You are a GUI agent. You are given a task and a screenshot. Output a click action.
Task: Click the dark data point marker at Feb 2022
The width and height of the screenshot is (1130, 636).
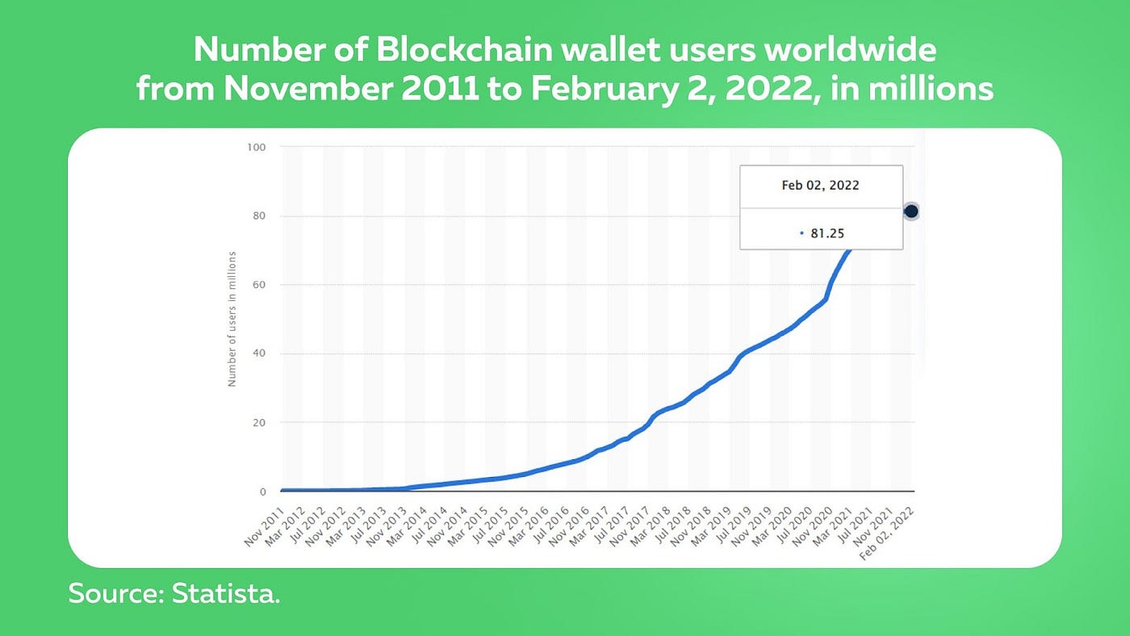(911, 211)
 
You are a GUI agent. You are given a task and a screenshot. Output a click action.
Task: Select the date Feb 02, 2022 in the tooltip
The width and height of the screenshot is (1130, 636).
(820, 186)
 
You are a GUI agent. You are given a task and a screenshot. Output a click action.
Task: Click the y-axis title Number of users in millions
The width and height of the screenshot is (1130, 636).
(232, 319)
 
